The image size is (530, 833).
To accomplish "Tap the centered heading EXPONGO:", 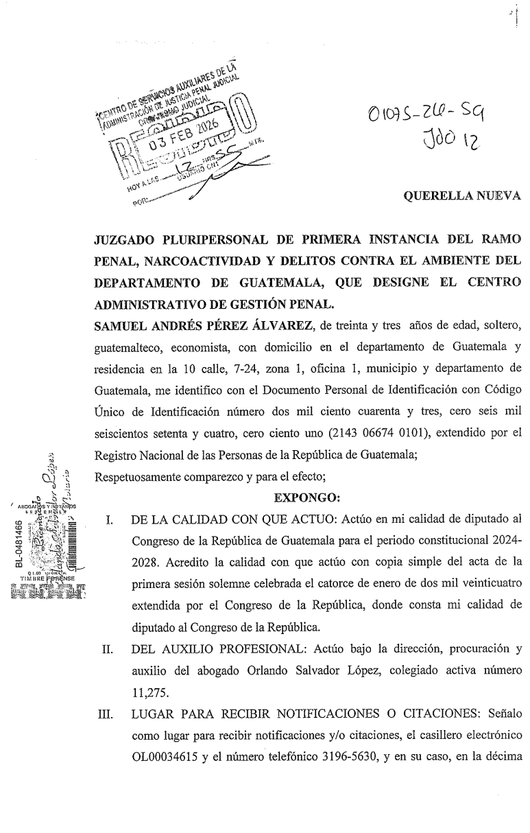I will [303, 495].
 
